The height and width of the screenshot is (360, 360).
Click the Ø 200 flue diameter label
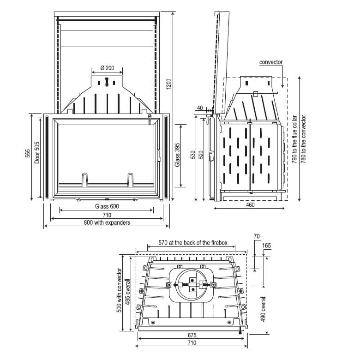(107, 68)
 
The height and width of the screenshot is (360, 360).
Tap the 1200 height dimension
(169, 84)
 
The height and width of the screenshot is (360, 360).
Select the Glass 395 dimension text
(177, 155)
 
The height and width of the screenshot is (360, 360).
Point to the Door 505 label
(37, 153)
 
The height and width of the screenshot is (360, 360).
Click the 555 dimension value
(28, 153)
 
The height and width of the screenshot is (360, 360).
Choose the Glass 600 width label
(107, 206)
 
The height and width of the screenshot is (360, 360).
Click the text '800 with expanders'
(107, 222)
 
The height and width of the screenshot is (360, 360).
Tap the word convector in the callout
(271, 62)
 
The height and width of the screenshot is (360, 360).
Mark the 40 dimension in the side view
(200, 108)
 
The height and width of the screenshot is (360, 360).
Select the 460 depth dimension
(250, 204)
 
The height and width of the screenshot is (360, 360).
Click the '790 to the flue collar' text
(294, 139)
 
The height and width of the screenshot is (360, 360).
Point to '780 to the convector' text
(304, 139)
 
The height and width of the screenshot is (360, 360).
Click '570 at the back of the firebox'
(193, 243)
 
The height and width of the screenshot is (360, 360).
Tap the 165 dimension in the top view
(266, 246)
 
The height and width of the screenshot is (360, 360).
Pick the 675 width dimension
(192, 335)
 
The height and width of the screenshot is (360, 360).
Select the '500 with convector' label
(119, 290)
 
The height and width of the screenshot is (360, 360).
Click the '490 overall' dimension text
(263, 308)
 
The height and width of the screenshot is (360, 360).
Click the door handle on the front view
(158, 156)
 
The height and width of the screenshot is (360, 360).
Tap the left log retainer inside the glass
(85, 180)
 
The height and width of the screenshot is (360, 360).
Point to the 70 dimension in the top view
(257, 236)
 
